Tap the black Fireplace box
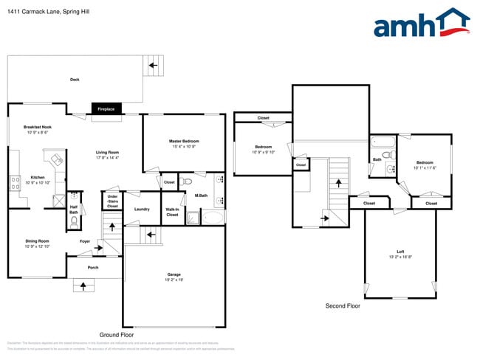coord(106,108)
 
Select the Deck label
coord(75,80)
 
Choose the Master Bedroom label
coord(184,141)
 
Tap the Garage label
coord(174,275)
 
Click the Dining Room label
coord(37,241)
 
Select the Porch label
coord(93,267)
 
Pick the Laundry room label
coord(142,209)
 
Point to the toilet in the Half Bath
coord(75,221)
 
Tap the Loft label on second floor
coord(400,252)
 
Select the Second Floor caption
coord(343,305)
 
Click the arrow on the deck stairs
coord(154,66)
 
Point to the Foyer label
coord(85,241)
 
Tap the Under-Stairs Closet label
coord(112,201)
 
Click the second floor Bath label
coord(377,159)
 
